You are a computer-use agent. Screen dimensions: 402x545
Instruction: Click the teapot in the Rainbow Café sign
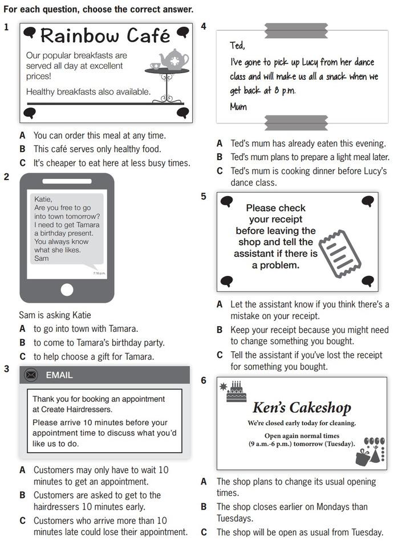pos(174,59)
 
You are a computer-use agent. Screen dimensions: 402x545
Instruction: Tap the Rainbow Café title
pos(105,35)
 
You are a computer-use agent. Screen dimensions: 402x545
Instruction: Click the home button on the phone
pos(67,290)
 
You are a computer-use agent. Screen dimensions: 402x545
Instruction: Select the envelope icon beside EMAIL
pos(31,375)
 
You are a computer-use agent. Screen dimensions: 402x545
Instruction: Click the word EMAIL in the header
pos(59,375)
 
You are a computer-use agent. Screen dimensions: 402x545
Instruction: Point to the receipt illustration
pos(340,254)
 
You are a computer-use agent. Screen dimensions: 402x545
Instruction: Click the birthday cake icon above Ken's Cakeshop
pos(236,392)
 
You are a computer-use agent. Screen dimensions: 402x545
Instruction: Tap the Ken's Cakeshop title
pos(302,408)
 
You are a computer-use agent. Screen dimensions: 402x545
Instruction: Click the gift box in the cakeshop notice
pos(362,458)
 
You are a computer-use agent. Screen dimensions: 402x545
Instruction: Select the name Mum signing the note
pos(238,107)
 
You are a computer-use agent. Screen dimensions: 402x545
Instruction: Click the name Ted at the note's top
pos(237,46)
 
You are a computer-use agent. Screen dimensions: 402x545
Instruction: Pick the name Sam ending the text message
pos(42,258)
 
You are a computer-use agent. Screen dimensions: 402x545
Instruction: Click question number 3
pos(6,369)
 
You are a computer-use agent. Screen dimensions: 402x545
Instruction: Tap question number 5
pos(204,196)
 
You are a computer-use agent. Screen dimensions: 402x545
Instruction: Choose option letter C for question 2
pos(23,357)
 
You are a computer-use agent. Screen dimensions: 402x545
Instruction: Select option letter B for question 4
pos(220,157)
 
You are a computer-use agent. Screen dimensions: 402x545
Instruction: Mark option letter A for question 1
pos(23,136)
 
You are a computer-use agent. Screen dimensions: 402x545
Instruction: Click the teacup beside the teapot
pos(155,66)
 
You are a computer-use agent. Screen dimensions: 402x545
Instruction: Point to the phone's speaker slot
pos(67,181)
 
